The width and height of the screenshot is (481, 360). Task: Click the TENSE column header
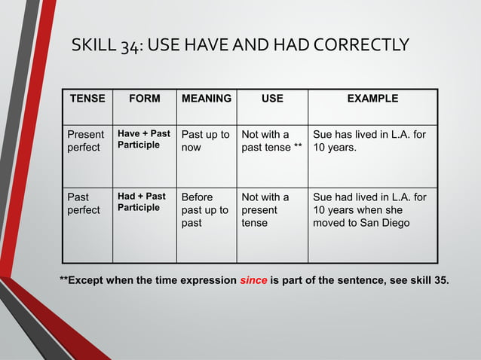pos(87,99)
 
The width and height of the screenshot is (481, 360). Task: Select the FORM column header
pos(144,99)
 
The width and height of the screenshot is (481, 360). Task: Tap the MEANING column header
pos(207,99)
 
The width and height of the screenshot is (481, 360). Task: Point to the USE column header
pos(272,99)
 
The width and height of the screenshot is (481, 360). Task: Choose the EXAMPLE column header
pos(372,99)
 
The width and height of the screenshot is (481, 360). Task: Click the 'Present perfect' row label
pos(85,141)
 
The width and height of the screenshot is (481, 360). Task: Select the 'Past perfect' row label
pos(83,203)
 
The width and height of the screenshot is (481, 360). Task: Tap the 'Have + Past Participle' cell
pos(143,139)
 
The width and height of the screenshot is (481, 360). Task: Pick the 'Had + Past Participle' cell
pos(142,202)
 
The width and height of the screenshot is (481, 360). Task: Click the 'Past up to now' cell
pos(206,141)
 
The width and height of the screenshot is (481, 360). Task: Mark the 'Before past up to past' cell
pos(204,210)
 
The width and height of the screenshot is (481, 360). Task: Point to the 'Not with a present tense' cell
pos(265,210)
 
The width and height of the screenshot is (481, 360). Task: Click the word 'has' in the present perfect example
pos(347,134)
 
